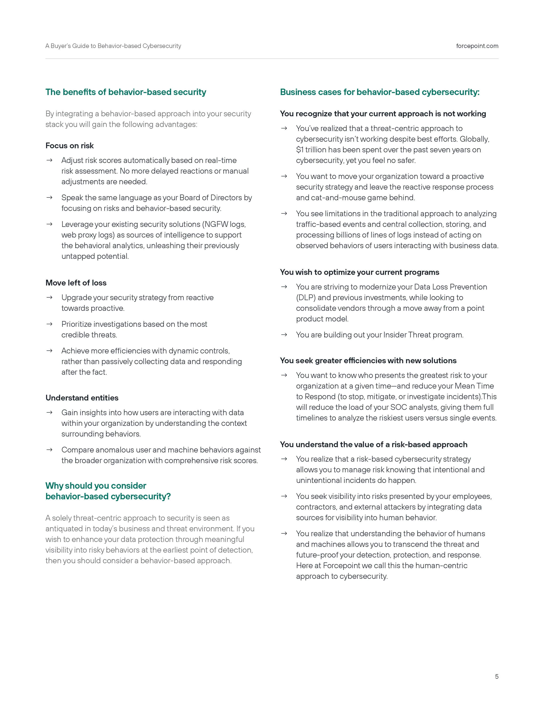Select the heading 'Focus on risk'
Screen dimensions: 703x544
tap(70, 146)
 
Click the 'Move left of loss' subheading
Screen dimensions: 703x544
tap(76, 283)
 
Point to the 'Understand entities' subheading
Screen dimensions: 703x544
tap(82, 398)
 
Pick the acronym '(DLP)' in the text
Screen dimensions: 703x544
tap(306, 297)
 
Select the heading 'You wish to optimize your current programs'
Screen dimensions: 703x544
tap(359, 272)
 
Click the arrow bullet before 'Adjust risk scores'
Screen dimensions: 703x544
tap(49, 160)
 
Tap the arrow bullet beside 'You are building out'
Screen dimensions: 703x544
tap(284, 335)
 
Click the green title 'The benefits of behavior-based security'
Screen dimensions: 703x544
tap(126, 92)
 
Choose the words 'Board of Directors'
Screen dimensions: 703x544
tap(210, 198)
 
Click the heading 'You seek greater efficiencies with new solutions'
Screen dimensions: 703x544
tap(368, 361)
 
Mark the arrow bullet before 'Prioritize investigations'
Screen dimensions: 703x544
tap(49, 324)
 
